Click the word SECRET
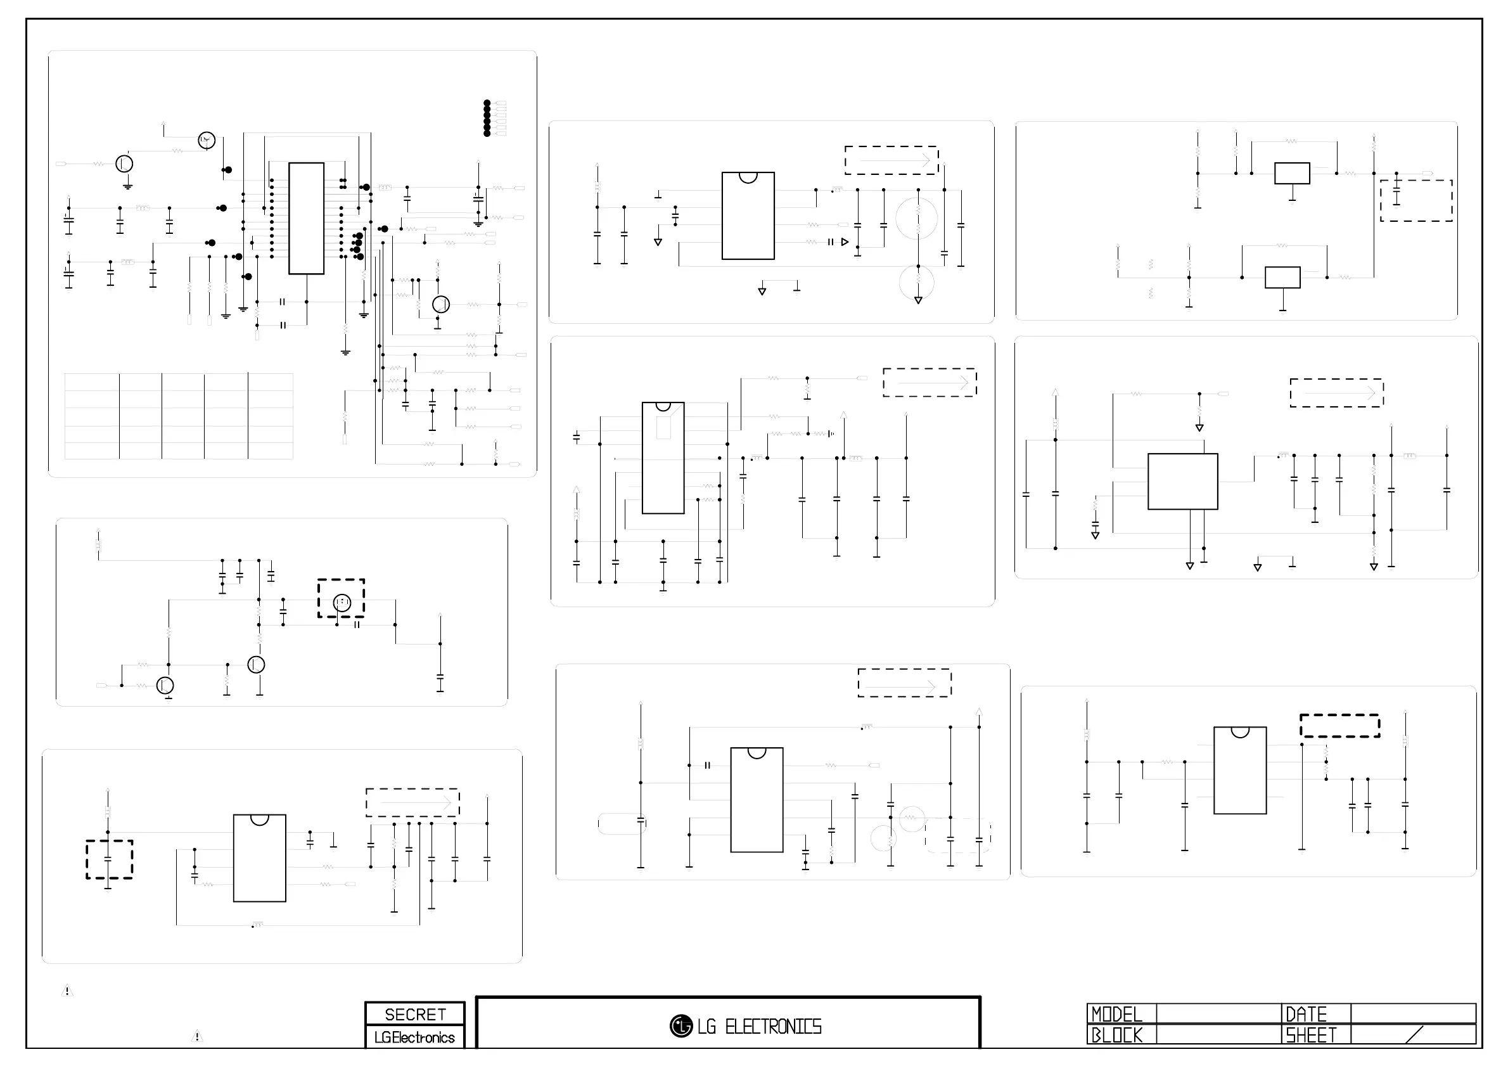tap(415, 1014)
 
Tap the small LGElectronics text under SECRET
tap(414, 1037)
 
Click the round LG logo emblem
tap(681, 1026)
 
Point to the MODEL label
tap(1116, 1014)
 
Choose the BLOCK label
tap(1116, 1035)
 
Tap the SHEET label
tap(1310, 1035)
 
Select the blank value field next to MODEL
tap(1218, 1013)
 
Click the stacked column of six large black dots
tap(487, 119)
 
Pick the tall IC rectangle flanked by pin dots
tap(306, 218)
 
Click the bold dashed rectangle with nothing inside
tap(1339, 726)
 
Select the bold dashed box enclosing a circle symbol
tap(341, 598)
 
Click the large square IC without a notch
tap(1182, 482)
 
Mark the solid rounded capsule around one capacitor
tap(622, 824)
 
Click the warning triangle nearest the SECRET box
tap(196, 1036)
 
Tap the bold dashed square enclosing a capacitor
tap(109, 859)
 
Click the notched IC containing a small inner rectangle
tap(663, 458)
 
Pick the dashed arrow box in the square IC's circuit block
tap(1336, 394)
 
